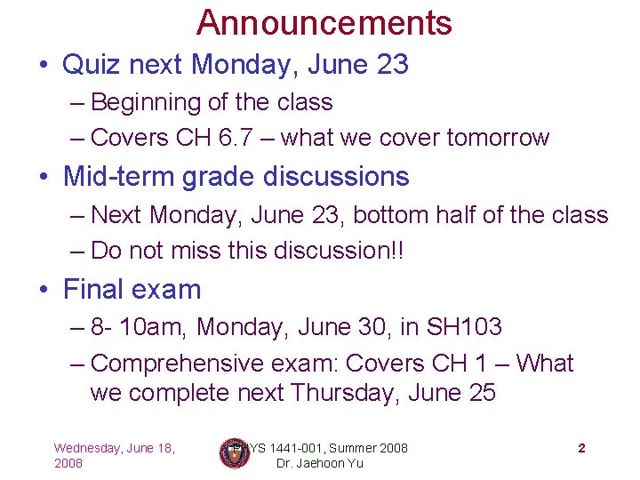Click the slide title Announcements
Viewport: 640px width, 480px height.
click(x=324, y=22)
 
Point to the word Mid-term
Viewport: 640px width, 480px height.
click(x=119, y=177)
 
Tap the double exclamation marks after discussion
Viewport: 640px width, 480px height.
click(x=397, y=251)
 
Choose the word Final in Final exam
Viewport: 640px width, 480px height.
click(x=90, y=289)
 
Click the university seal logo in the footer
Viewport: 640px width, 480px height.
click(x=235, y=453)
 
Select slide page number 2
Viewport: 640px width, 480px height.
click(x=581, y=448)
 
